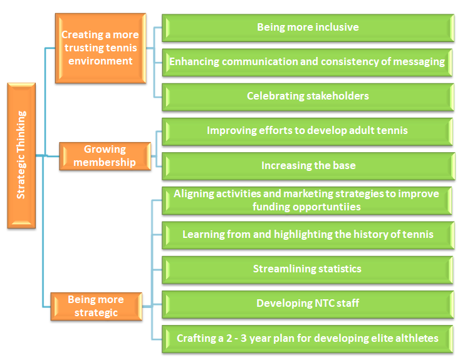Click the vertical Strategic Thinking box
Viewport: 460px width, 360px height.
(21, 155)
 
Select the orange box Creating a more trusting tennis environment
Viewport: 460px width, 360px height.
(101, 48)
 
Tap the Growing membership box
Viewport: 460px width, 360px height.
(105, 156)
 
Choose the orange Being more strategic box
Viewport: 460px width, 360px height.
(97, 306)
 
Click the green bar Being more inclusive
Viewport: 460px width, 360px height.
(308, 28)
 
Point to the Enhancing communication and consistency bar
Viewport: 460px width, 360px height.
(307, 62)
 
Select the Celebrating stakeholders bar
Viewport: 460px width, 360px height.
(308, 97)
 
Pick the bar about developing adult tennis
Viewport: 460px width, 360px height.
(307, 131)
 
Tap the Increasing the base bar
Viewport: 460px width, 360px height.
(308, 166)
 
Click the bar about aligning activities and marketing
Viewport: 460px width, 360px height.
(307, 200)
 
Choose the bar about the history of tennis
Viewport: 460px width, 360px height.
(308, 235)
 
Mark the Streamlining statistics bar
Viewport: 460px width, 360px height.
(307, 270)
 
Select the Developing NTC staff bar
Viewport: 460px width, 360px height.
(308, 304)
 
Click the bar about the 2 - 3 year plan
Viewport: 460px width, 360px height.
(308, 339)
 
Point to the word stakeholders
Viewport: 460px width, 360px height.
(338, 96)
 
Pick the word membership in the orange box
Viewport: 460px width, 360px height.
(105, 162)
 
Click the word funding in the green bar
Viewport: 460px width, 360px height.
(271, 207)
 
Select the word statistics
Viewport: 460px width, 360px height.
(340, 269)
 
